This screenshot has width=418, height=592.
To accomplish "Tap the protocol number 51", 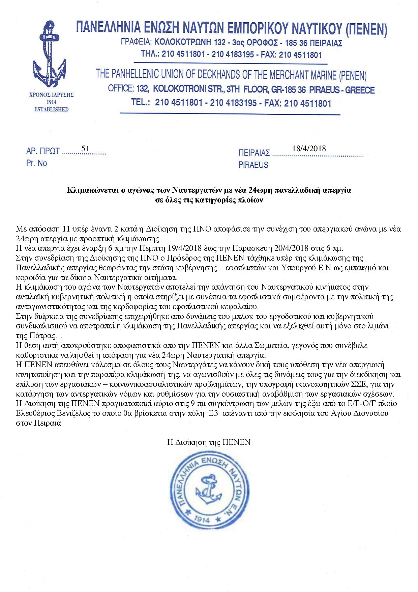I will click(x=85, y=149).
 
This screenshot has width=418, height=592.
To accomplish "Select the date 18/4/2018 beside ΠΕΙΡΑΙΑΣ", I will click(x=309, y=148).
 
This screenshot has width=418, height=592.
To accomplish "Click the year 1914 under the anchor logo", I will click(x=51, y=102).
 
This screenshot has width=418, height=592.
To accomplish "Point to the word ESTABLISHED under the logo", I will click(x=51, y=109).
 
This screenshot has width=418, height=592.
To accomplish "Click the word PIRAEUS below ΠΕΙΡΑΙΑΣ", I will click(x=253, y=165).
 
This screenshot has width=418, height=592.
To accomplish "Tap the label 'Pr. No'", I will click(x=36, y=163).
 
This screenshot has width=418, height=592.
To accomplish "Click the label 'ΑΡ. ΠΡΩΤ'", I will click(x=43, y=151).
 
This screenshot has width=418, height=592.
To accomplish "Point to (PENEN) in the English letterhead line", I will click(x=353, y=75).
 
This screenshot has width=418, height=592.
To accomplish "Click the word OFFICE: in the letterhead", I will click(x=121, y=88).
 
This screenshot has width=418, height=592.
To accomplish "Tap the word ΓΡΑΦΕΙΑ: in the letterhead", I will click(x=136, y=42).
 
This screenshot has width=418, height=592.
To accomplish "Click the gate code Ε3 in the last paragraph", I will click(x=213, y=413).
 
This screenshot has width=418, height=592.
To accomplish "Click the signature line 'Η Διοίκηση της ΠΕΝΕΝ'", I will click(x=209, y=442).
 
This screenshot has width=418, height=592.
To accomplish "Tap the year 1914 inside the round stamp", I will click(x=202, y=519).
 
